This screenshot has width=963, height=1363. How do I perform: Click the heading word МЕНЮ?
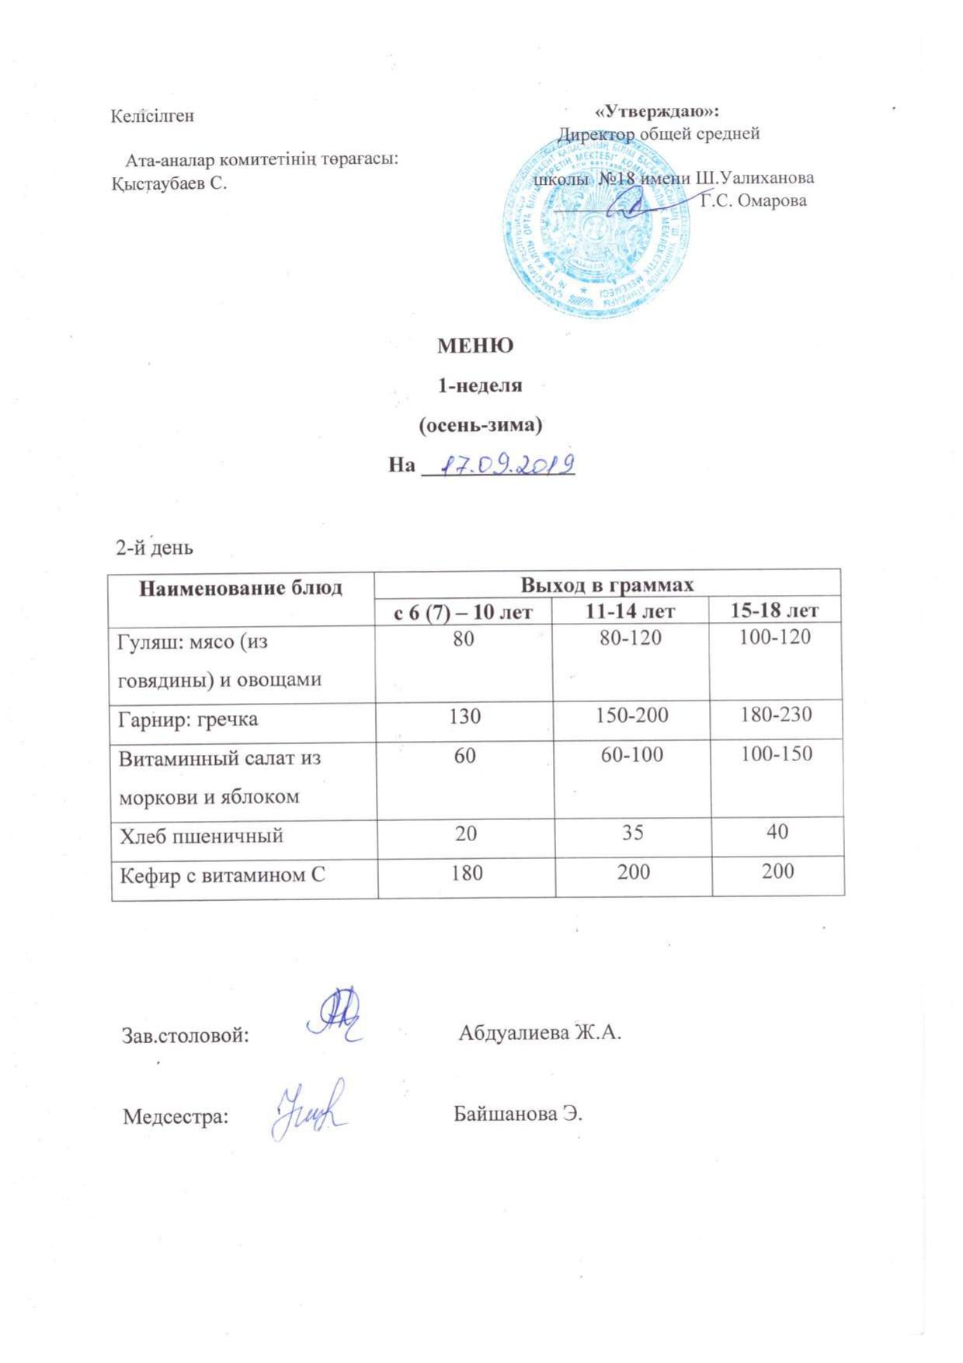pyautogui.click(x=475, y=346)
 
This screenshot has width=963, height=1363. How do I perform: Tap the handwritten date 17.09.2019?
pyautogui.click(x=506, y=465)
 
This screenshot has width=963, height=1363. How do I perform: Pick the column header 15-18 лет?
pyautogui.click(x=774, y=610)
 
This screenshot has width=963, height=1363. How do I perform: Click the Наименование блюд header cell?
pyautogui.click(x=241, y=588)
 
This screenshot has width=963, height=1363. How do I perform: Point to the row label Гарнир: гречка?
pyautogui.click(x=188, y=718)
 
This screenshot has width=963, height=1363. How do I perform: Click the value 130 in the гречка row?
pyautogui.click(x=464, y=715)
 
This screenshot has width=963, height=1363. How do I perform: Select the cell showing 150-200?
pyautogui.click(x=632, y=715)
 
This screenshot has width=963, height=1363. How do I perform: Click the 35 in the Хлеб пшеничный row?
pyautogui.click(x=633, y=832)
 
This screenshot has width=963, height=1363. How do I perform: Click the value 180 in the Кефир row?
pyautogui.click(x=465, y=872)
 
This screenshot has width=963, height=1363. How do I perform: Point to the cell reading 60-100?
pyautogui.click(x=632, y=753)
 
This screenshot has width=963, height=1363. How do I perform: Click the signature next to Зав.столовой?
pyautogui.click(x=335, y=1015)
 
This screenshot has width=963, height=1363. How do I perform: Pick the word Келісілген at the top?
pyautogui.click(x=152, y=116)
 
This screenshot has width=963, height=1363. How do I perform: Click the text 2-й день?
pyautogui.click(x=155, y=548)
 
